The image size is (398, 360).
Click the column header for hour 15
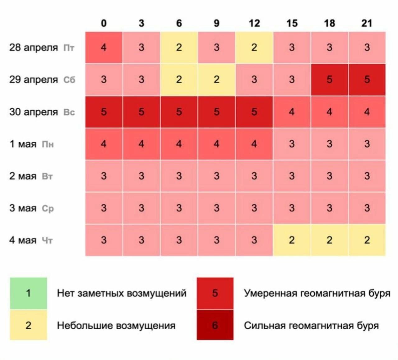292,23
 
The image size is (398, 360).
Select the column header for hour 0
104,23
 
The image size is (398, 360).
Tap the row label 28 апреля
33,48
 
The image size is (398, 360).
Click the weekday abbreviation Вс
69,112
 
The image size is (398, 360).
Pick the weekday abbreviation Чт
47,240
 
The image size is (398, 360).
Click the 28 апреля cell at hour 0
104,48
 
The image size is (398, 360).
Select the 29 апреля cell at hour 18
329,80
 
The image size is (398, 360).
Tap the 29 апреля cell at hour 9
216,80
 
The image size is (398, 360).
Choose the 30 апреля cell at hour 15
292,112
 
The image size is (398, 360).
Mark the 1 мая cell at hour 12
254,144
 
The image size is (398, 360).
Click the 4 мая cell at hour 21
367,240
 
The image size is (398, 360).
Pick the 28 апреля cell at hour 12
254,48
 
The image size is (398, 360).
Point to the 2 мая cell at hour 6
179,176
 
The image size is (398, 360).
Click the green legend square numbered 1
28,293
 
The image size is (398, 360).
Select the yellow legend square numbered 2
28,325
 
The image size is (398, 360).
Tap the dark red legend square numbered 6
215,325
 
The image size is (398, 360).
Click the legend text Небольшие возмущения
116,326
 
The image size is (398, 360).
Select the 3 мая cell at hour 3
141,208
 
